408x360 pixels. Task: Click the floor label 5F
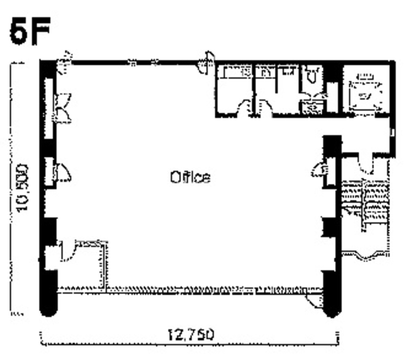click(x=30, y=31)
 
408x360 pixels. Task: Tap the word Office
click(x=190, y=177)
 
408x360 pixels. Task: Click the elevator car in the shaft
click(x=365, y=96)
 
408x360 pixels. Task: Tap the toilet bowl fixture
click(x=312, y=75)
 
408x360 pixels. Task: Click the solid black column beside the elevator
click(x=332, y=73)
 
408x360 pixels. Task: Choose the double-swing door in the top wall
click(x=206, y=63)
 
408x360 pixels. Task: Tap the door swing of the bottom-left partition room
click(x=68, y=252)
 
